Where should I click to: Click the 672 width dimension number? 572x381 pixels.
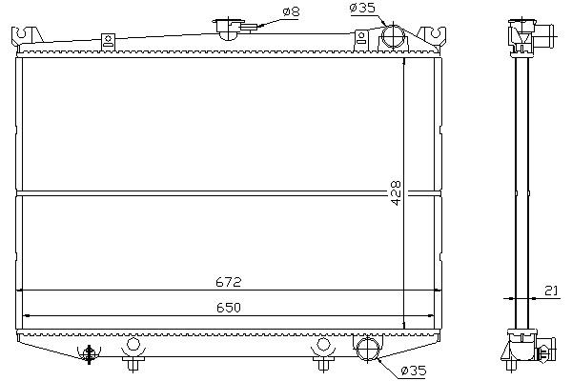(x=229, y=282)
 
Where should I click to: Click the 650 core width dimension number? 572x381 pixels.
(x=229, y=308)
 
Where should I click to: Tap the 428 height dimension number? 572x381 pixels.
(x=396, y=192)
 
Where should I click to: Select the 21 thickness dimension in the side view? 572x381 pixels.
(x=551, y=291)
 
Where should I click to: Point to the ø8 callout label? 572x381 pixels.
(x=291, y=11)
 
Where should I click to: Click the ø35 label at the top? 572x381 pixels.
(x=362, y=8)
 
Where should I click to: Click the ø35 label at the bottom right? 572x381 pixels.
(x=414, y=371)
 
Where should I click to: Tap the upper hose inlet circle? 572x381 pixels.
(x=393, y=36)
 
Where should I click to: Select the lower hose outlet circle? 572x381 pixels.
(x=368, y=349)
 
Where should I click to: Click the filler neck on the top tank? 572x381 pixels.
(x=229, y=29)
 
